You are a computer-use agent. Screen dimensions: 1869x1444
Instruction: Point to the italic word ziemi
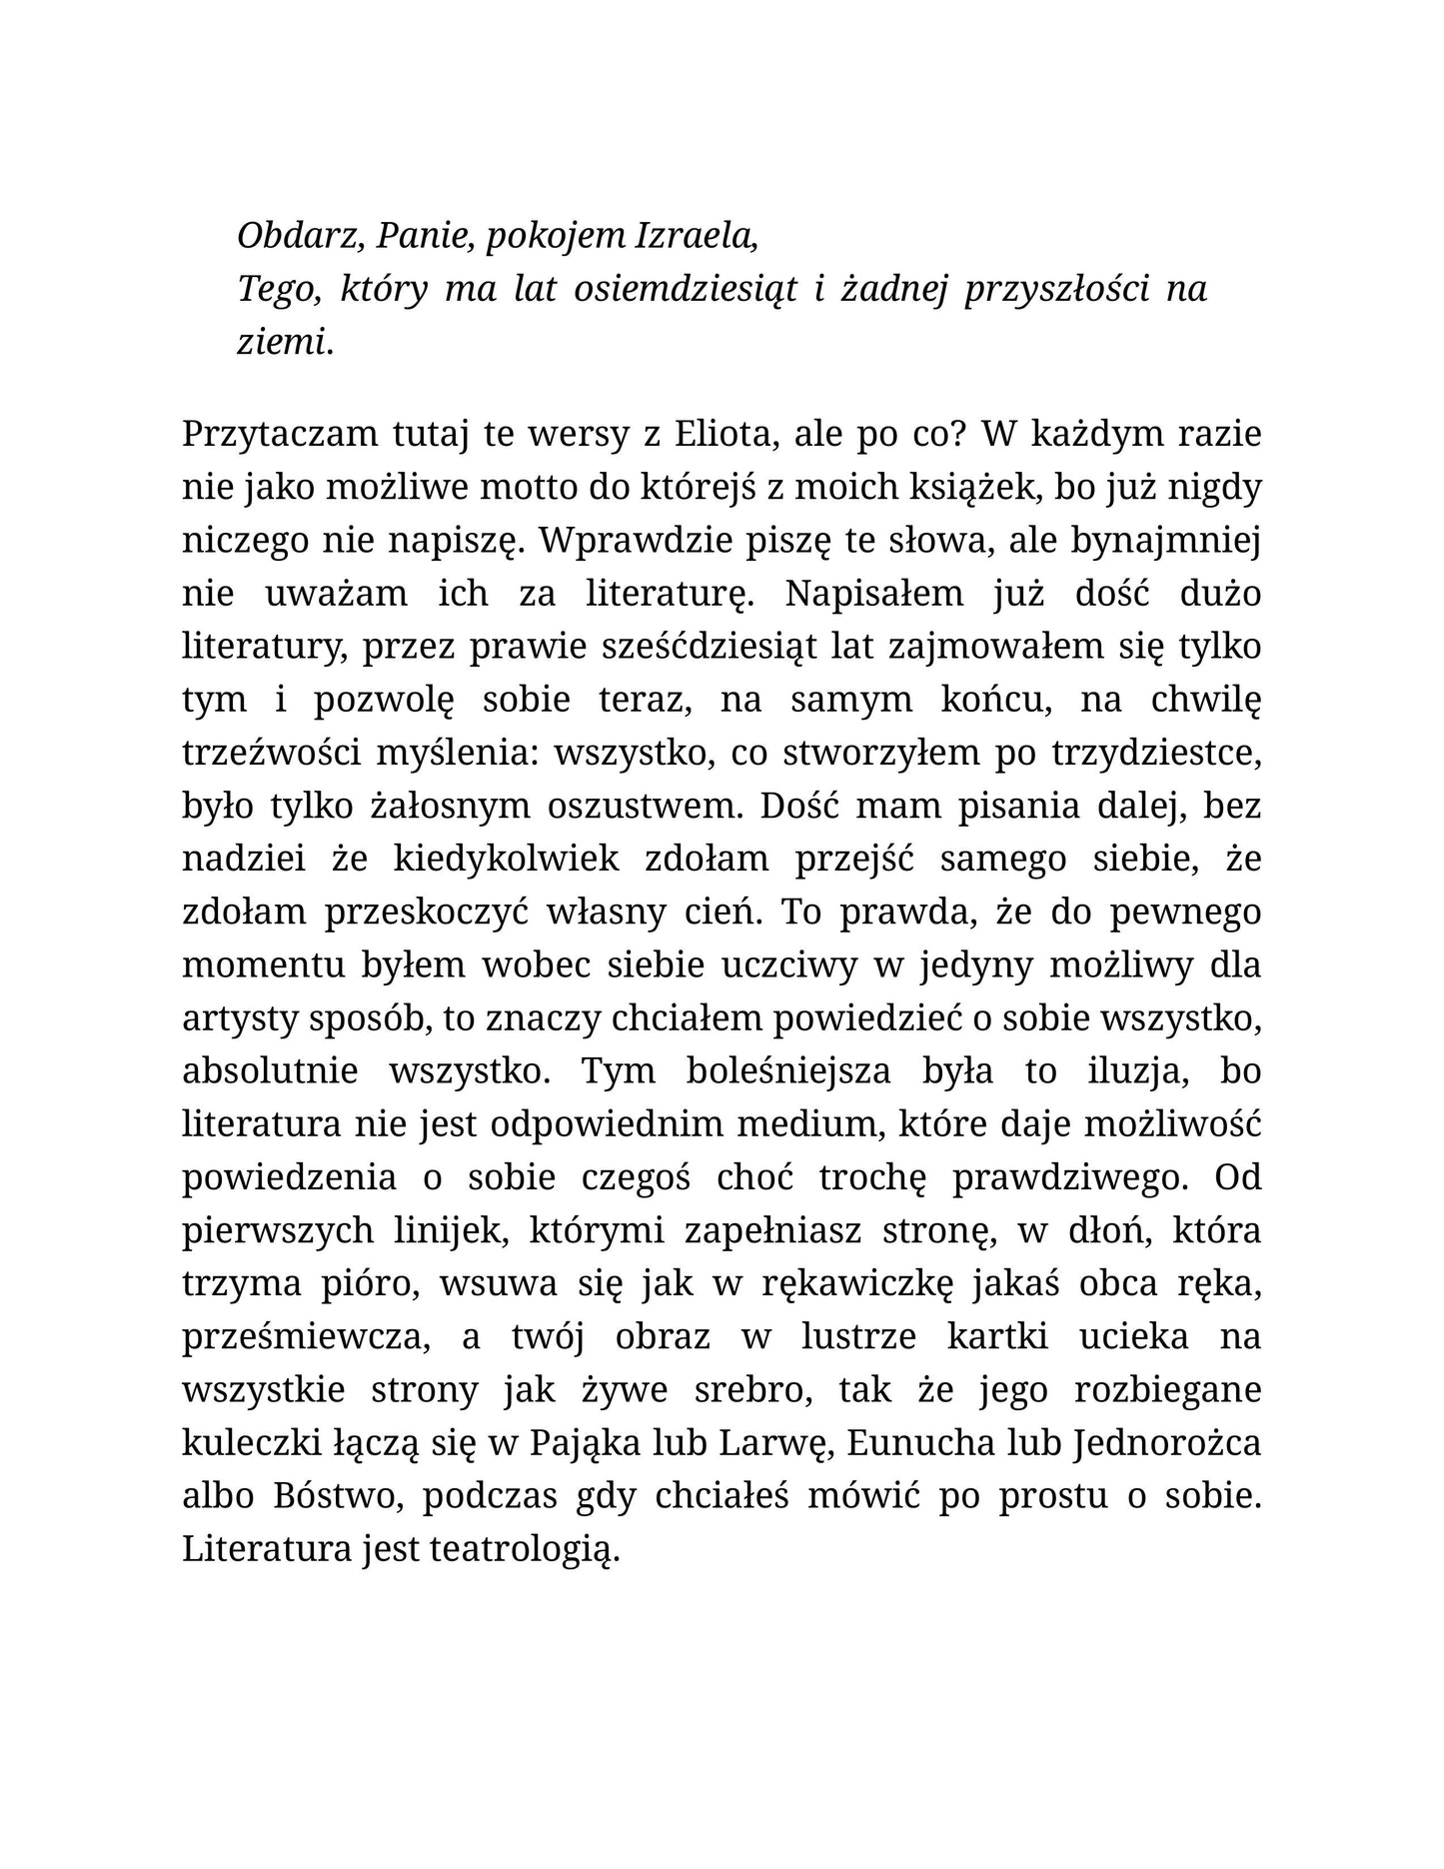[284, 343]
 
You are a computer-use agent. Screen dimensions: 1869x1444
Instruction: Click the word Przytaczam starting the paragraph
[266, 436]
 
